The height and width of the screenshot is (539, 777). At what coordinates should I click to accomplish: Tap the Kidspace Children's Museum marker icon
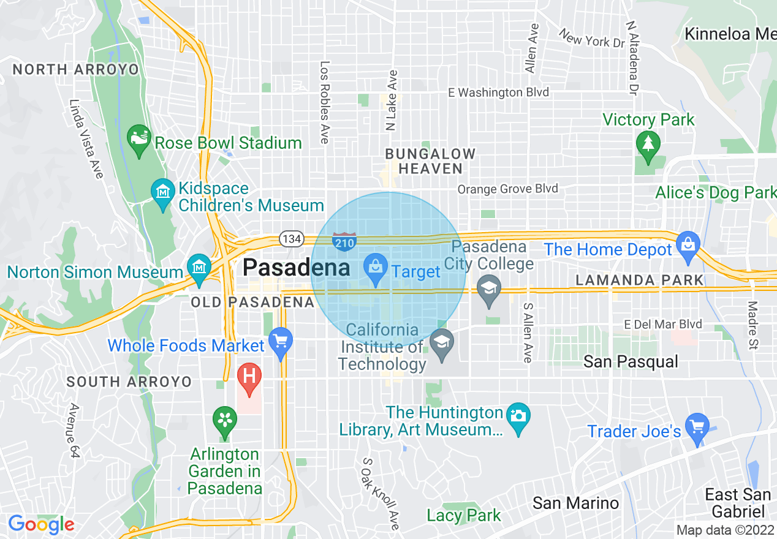[x=163, y=192]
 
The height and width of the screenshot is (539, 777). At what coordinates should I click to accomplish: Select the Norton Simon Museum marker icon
[x=199, y=267]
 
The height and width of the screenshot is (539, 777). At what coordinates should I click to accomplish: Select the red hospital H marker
[x=249, y=375]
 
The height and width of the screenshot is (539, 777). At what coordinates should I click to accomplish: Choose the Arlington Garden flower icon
[x=224, y=420]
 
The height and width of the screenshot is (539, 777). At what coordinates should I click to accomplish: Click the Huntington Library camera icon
[x=518, y=417]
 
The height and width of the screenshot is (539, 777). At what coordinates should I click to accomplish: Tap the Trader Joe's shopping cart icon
[x=697, y=426]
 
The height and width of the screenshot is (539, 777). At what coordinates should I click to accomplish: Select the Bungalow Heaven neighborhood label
[x=430, y=161]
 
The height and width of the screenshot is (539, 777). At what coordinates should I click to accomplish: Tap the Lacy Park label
[x=463, y=516]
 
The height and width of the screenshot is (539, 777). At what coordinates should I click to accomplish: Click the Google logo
[x=41, y=524]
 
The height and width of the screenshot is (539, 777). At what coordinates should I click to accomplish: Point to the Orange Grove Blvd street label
[x=507, y=189]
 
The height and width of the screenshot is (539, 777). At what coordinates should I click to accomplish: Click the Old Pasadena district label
[x=252, y=302]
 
